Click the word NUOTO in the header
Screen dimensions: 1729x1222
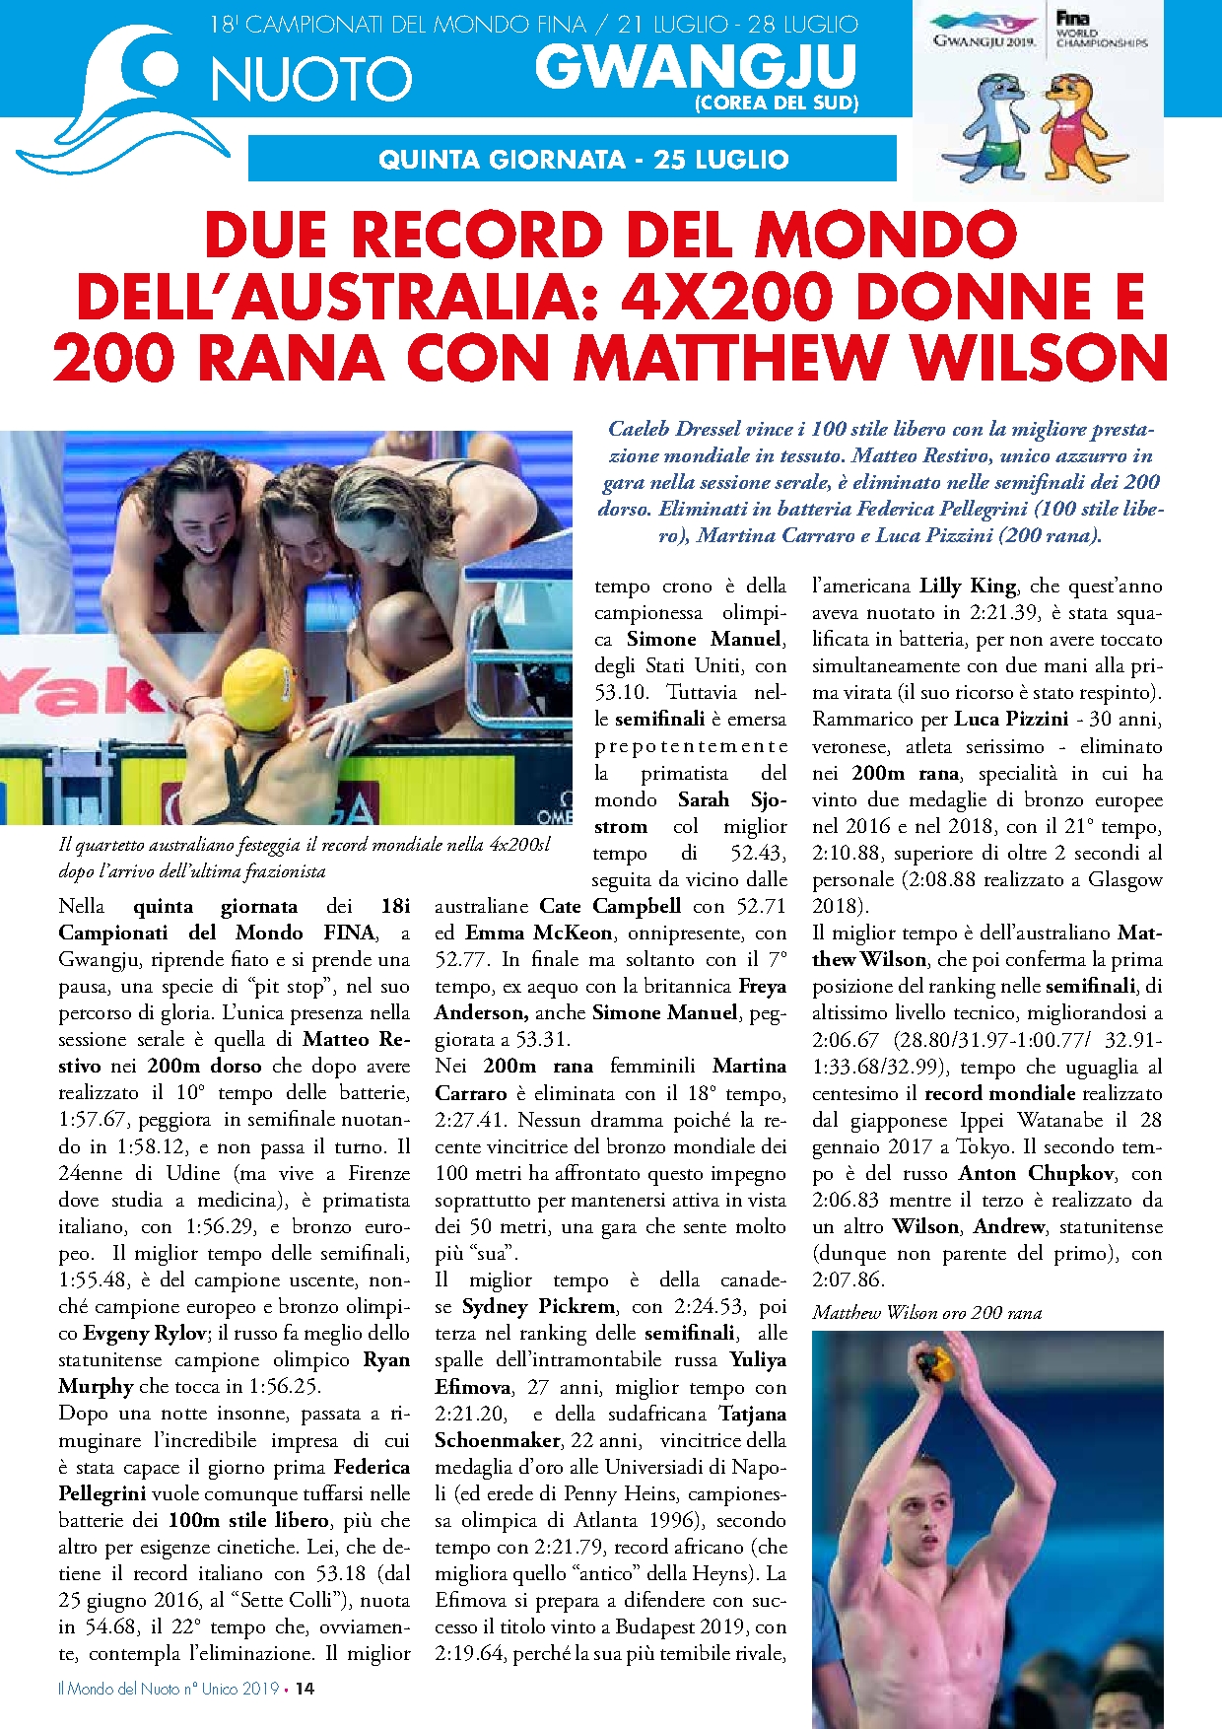tap(311, 80)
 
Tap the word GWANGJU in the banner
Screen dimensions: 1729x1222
tap(696, 66)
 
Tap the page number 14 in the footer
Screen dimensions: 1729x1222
tap(305, 1688)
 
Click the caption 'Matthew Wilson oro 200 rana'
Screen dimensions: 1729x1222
tap(926, 1312)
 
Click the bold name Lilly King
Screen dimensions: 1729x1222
tap(967, 586)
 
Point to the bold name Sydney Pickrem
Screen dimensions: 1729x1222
tap(539, 1306)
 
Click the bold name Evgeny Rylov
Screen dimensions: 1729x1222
tap(144, 1333)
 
